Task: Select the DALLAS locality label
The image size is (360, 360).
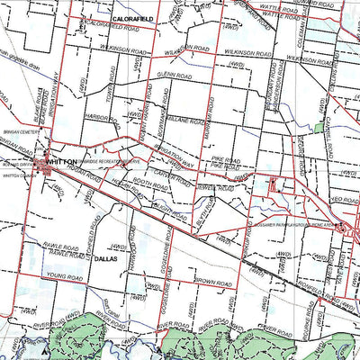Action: (103, 258)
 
